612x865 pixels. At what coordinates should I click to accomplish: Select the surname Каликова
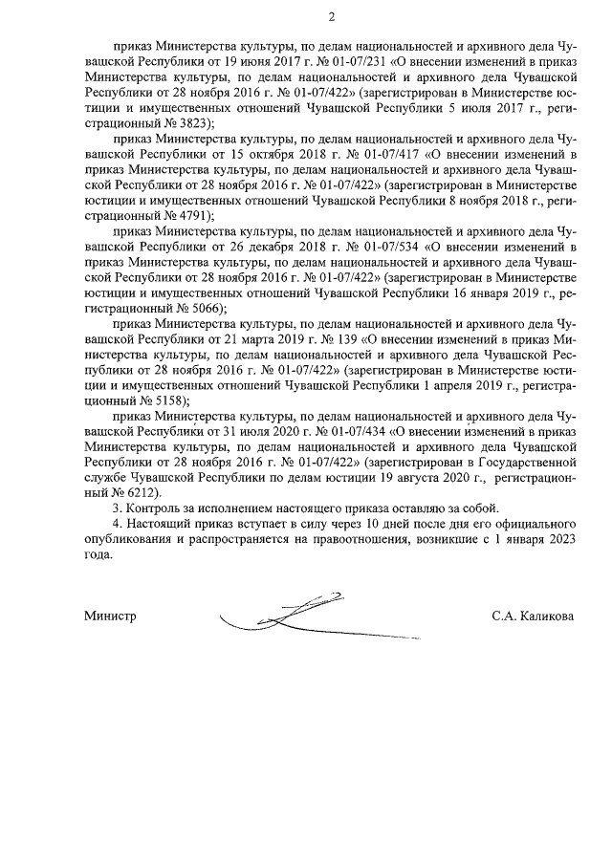click(x=547, y=616)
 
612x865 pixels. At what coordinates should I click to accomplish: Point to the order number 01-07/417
click(x=366, y=152)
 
